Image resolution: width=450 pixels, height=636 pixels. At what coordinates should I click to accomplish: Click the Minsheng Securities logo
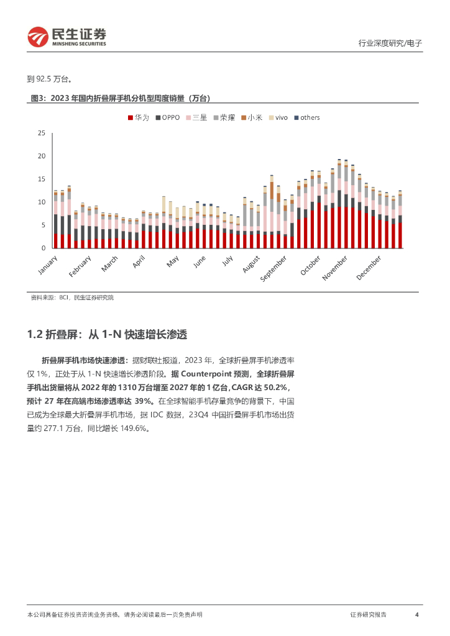coord(67,37)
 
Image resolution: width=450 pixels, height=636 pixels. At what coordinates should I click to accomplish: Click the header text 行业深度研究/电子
coord(390,43)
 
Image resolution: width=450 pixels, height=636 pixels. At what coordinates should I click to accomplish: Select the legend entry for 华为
coord(138,117)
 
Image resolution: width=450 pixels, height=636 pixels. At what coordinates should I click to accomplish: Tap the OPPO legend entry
coord(167,117)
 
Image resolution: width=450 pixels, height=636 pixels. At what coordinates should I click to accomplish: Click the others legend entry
coord(306,117)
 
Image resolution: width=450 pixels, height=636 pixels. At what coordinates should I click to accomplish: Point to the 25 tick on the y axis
coord(42,133)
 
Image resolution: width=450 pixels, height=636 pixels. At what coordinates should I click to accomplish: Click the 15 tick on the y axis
coord(42,179)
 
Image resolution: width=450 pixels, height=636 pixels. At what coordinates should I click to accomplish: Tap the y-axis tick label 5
coord(44,225)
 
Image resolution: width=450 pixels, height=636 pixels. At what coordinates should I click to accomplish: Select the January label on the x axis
coord(47,263)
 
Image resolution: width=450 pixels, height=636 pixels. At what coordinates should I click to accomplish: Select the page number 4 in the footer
coord(416,614)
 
